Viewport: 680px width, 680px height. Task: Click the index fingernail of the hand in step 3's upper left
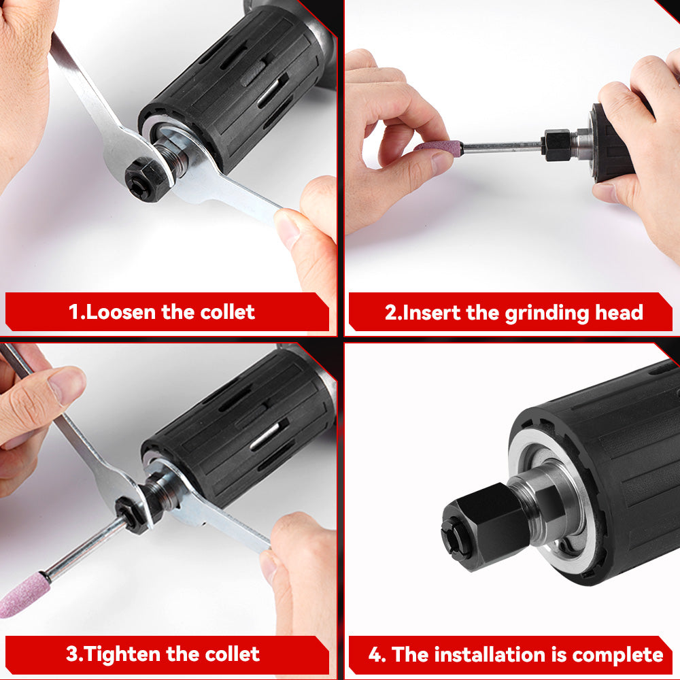(x=68, y=385)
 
